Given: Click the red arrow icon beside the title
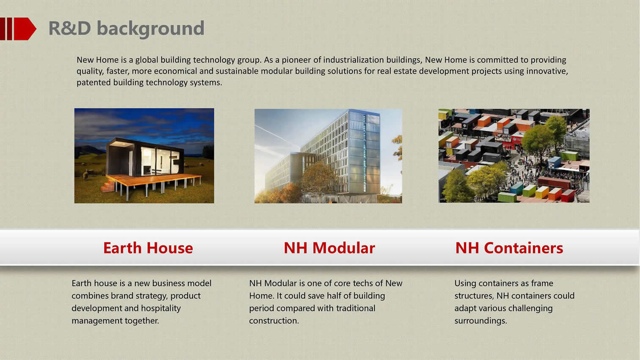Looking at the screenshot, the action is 18,29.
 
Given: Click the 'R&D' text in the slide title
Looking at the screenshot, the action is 69,28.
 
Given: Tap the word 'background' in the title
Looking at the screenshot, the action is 151,29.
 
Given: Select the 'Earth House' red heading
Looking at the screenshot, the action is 148,248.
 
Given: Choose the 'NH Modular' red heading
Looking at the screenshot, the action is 329,248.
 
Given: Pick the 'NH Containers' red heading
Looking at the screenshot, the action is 509,248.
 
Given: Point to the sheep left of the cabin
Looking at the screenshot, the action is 86,174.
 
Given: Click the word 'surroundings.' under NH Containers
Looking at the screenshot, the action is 480,321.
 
